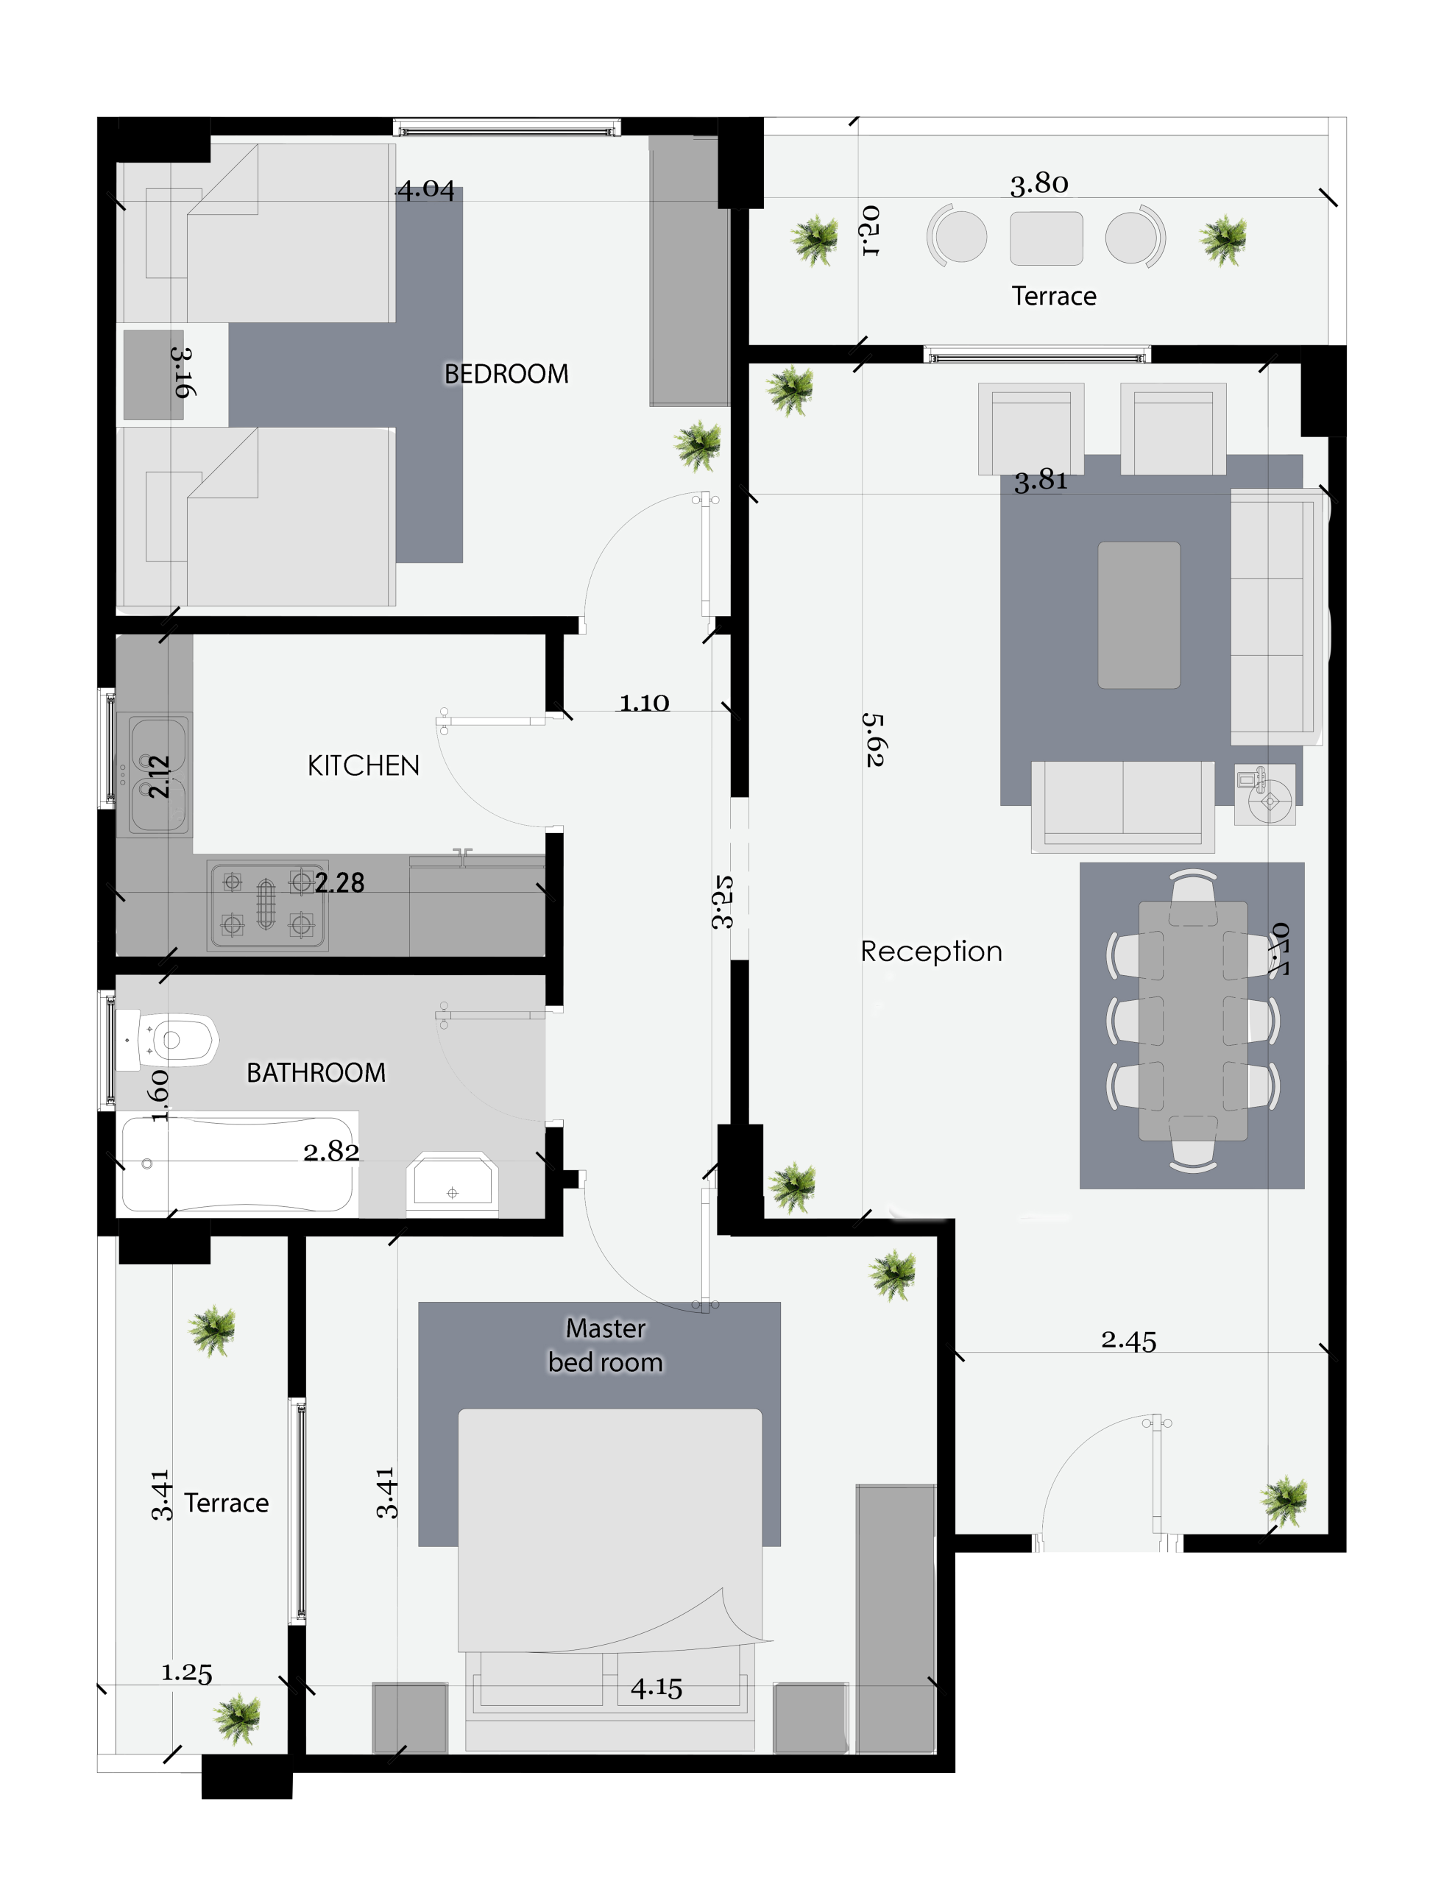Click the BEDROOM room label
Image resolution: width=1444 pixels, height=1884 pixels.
coord(506,374)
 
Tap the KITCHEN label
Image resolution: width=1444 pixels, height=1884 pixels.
coord(364,765)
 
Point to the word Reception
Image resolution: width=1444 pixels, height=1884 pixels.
coord(932,951)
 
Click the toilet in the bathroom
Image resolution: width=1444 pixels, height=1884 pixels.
coord(168,1040)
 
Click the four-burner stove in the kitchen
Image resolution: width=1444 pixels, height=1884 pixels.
coord(266,906)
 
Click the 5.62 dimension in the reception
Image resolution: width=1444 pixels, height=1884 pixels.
coord(874,739)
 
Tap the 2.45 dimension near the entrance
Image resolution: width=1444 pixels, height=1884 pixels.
coord(1128,1341)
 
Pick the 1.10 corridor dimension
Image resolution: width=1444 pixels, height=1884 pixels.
coord(645,702)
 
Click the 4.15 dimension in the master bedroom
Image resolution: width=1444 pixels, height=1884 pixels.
coord(656,1688)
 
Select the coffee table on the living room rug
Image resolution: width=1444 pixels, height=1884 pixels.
coord(1139,615)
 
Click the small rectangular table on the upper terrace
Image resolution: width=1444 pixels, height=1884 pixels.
coord(1046,238)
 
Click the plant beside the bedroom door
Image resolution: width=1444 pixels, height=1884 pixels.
coord(698,445)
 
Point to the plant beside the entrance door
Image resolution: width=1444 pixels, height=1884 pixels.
coord(1284,1501)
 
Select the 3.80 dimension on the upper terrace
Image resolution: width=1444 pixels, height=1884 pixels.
coord(1039,183)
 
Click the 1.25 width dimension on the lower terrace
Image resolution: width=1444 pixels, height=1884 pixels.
coord(186,1673)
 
